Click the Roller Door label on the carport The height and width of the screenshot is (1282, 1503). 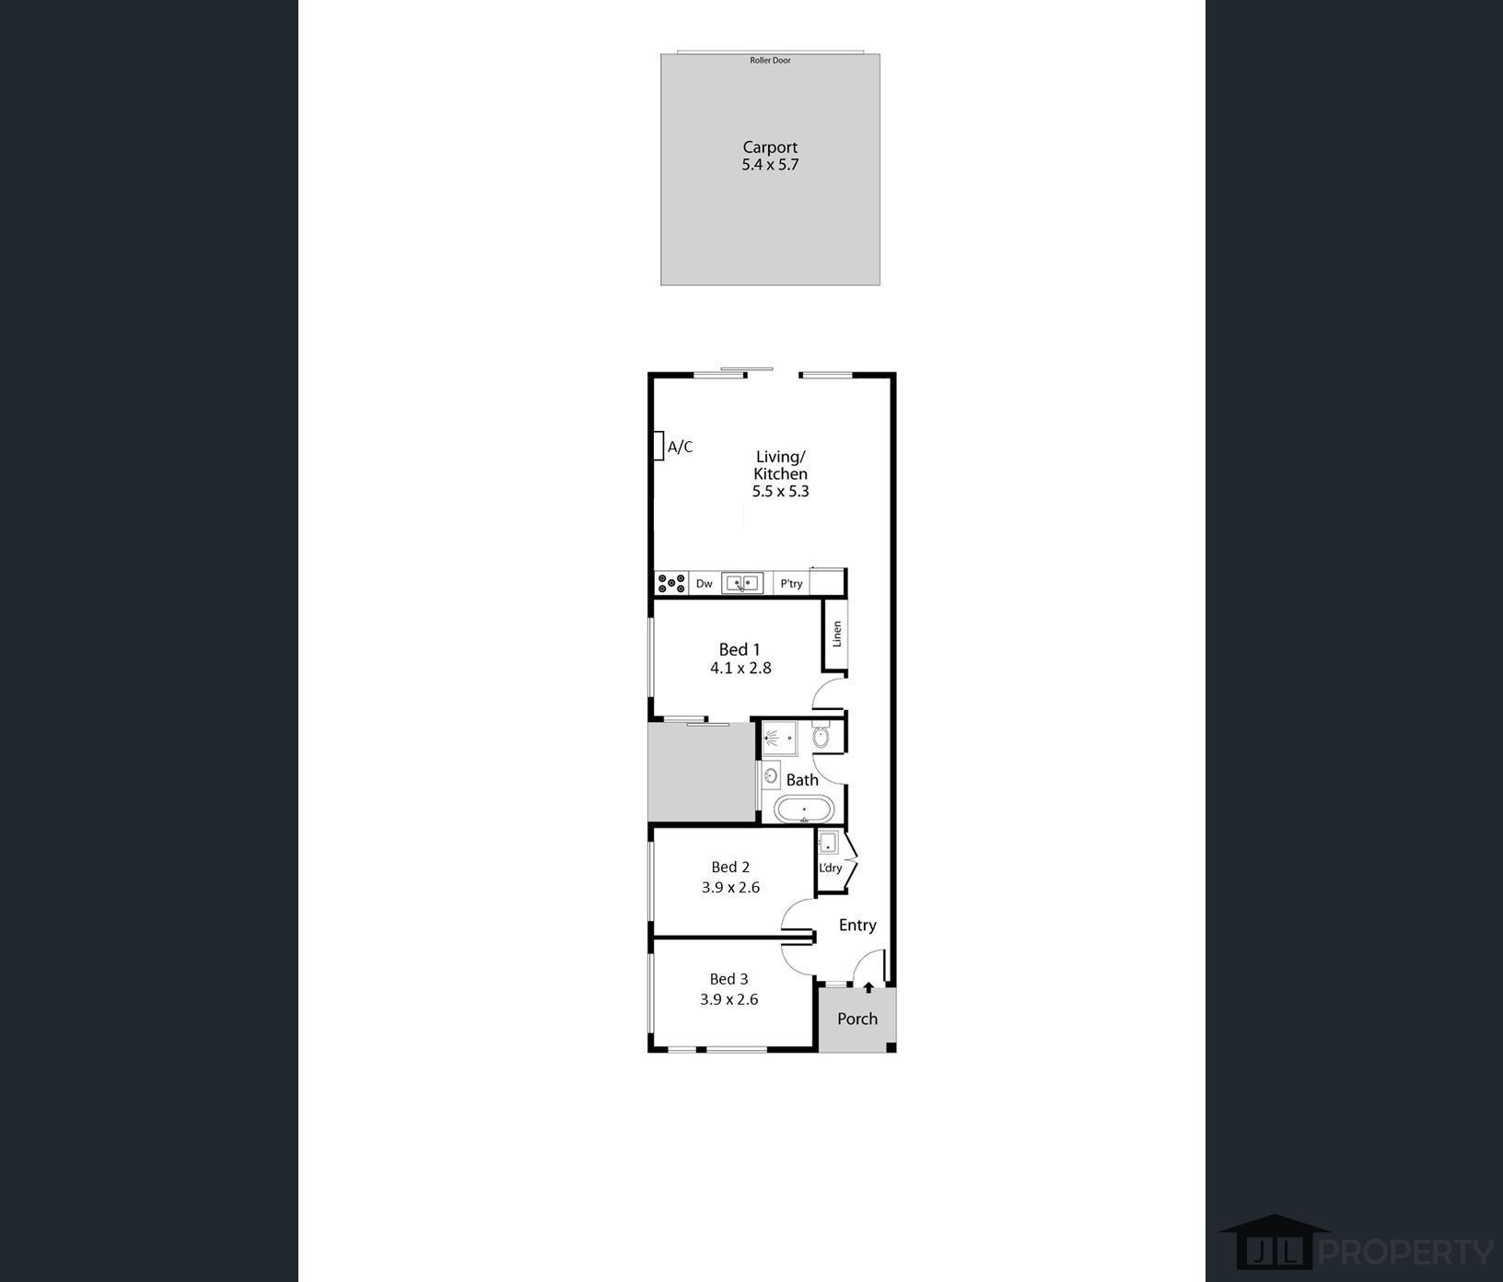pos(770,61)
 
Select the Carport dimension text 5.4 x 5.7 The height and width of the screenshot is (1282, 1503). pos(770,165)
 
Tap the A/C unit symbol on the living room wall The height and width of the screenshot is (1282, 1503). pos(658,446)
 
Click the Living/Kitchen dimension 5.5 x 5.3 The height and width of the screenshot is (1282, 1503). pos(780,491)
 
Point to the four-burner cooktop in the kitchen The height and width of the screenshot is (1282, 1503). pos(670,583)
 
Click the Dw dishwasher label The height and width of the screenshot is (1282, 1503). pos(704,583)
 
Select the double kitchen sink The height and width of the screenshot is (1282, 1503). pos(742,583)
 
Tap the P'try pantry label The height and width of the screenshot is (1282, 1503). pos(791,583)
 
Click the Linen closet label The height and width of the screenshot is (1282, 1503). pos(837,634)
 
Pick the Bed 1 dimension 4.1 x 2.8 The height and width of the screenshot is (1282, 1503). pos(740,668)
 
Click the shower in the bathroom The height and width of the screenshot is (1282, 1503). pos(779,739)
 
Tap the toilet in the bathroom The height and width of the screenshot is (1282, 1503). pos(821,737)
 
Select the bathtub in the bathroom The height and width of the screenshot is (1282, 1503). pos(804,810)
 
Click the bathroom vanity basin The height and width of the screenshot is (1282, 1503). pos(771,775)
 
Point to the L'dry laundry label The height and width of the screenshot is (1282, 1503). pos(830,868)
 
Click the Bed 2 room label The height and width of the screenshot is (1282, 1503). pos(730,867)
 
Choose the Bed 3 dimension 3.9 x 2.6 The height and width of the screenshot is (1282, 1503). pos(728,999)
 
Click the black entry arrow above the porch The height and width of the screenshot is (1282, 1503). pos(868,988)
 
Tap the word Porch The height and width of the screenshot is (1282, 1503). pos(856,1019)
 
